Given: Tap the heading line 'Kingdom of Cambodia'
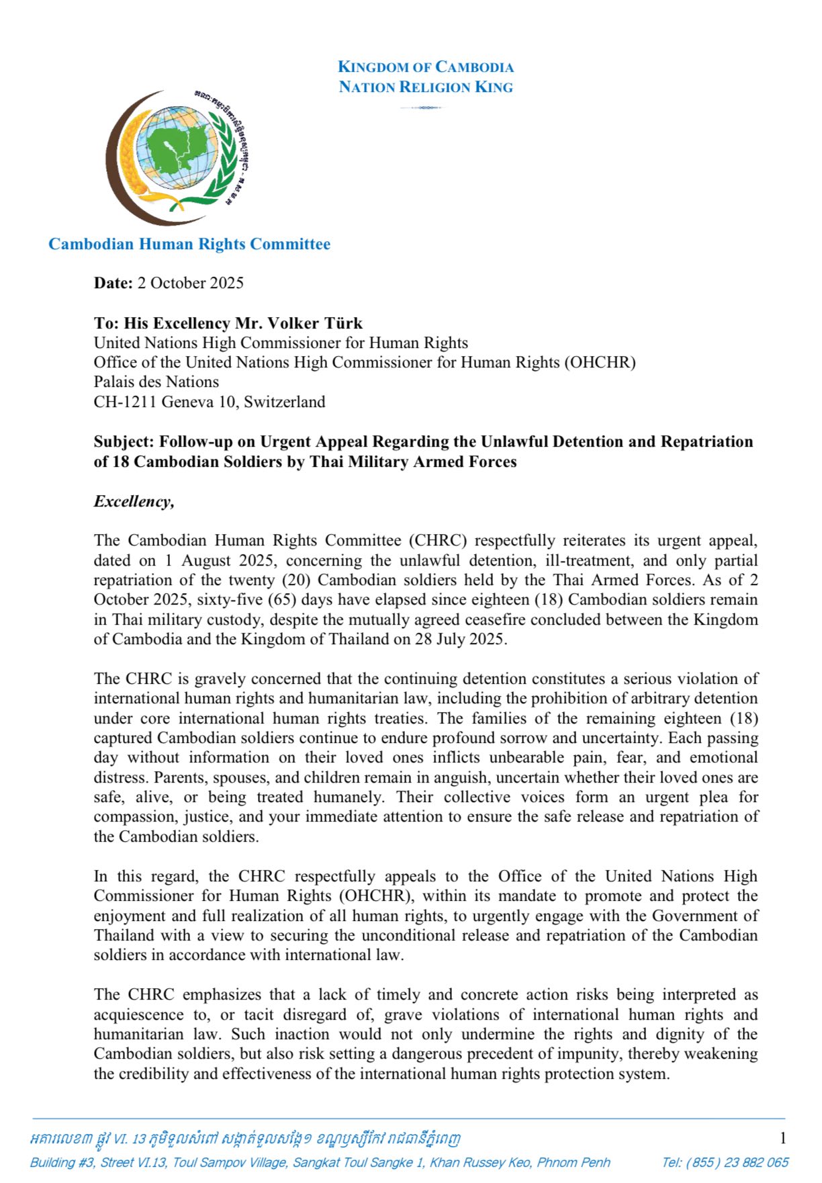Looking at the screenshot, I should (x=425, y=67).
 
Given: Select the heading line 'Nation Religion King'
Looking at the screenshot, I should (x=425, y=87).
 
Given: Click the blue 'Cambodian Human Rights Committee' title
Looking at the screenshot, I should (x=189, y=244).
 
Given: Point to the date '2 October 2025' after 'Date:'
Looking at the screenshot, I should (x=190, y=283).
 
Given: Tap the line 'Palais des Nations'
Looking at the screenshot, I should (x=156, y=382).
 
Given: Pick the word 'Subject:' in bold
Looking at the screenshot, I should (x=124, y=441).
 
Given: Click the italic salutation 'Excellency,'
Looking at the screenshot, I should (x=134, y=501).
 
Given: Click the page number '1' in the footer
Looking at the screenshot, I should (x=782, y=1138).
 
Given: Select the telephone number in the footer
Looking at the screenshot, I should (x=725, y=1162).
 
